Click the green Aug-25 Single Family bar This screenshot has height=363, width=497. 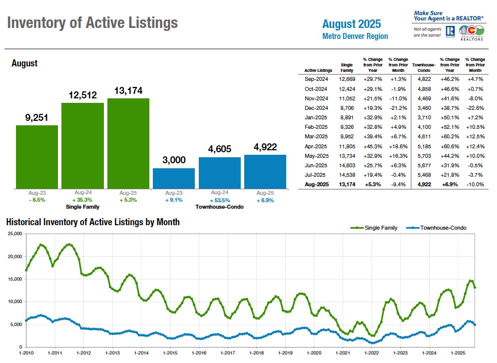128,143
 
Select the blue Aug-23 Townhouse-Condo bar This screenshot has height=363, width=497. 173,178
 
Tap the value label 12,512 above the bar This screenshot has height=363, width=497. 82,95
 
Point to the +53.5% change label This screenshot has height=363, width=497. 220,200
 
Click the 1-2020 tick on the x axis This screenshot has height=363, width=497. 314,353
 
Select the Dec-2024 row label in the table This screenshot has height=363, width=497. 316,108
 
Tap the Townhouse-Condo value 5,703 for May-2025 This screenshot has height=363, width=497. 421,156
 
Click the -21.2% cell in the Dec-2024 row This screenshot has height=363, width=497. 398,108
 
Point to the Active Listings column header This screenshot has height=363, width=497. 318,70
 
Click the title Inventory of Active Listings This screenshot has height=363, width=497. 93,22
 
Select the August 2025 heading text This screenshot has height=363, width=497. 351,24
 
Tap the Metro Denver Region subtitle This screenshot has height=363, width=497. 355,36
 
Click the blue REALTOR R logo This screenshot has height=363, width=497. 449,31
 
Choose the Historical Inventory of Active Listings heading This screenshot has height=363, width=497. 93,222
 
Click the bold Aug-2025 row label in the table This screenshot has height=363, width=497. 316,185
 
